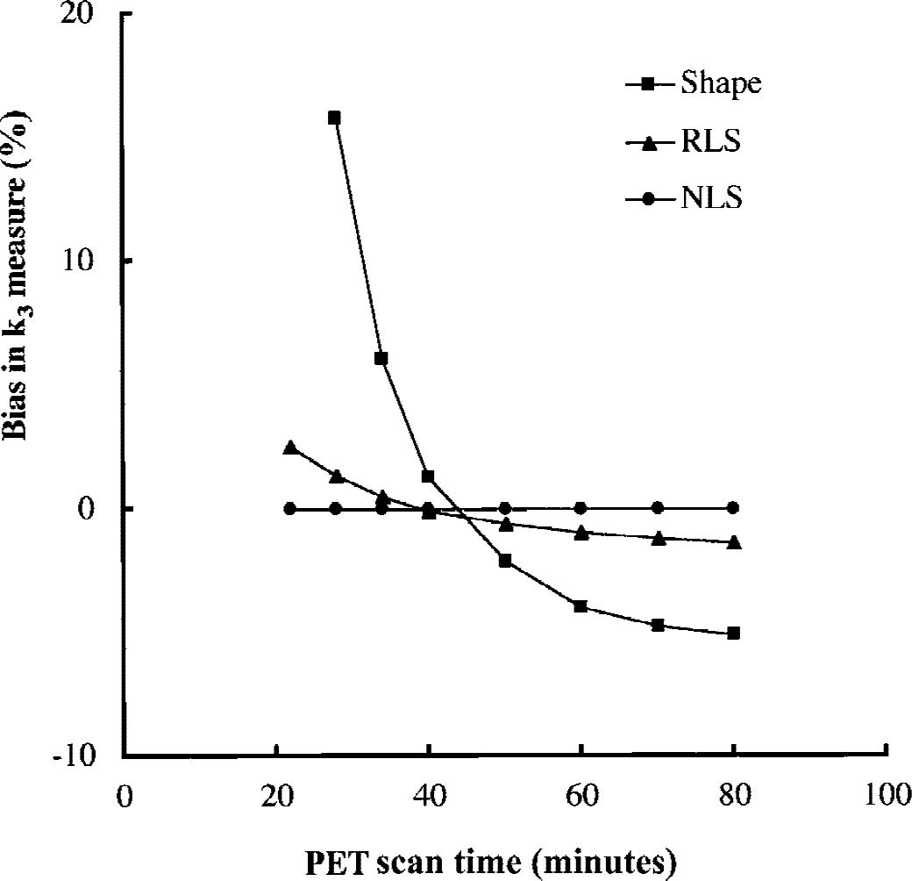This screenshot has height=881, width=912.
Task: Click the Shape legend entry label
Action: (x=721, y=83)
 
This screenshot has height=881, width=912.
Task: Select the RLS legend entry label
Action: (x=711, y=141)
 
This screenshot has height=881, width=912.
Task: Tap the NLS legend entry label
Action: (x=712, y=197)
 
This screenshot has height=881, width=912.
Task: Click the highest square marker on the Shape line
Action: (x=334, y=118)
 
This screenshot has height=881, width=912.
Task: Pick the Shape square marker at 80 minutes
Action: (x=733, y=634)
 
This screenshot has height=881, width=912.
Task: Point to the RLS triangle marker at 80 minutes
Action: (x=734, y=541)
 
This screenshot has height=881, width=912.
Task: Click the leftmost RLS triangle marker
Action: (x=289, y=447)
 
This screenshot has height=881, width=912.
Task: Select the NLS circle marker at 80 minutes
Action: (x=733, y=508)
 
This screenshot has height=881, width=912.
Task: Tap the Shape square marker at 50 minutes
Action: (x=505, y=561)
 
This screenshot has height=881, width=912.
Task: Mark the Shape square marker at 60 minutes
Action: (x=581, y=606)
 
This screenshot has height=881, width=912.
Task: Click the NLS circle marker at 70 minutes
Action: (x=658, y=508)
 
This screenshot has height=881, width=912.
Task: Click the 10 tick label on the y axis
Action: (x=77, y=261)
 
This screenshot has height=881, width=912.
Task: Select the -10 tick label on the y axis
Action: (x=74, y=756)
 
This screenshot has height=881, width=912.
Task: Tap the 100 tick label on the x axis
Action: (x=888, y=795)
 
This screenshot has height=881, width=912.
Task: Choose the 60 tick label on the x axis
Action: (x=581, y=795)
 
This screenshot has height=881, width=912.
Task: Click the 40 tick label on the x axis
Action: (x=429, y=795)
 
